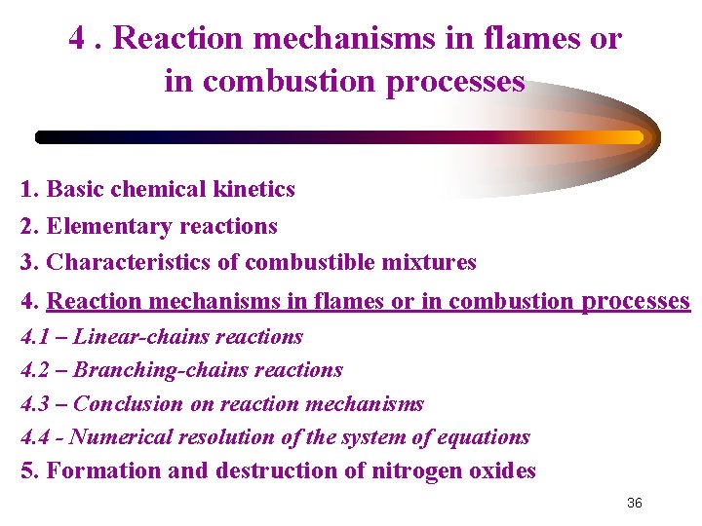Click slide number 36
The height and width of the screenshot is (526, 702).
tap(634, 503)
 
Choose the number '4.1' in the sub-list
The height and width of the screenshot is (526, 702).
tap(36, 337)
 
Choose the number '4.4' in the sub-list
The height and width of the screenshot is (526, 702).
tap(36, 437)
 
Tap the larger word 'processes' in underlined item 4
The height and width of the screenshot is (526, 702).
tap(635, 301)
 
